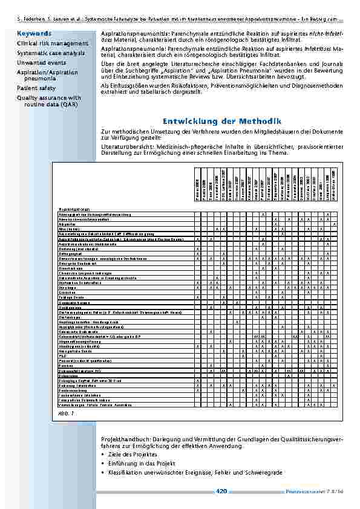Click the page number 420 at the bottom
221,491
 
